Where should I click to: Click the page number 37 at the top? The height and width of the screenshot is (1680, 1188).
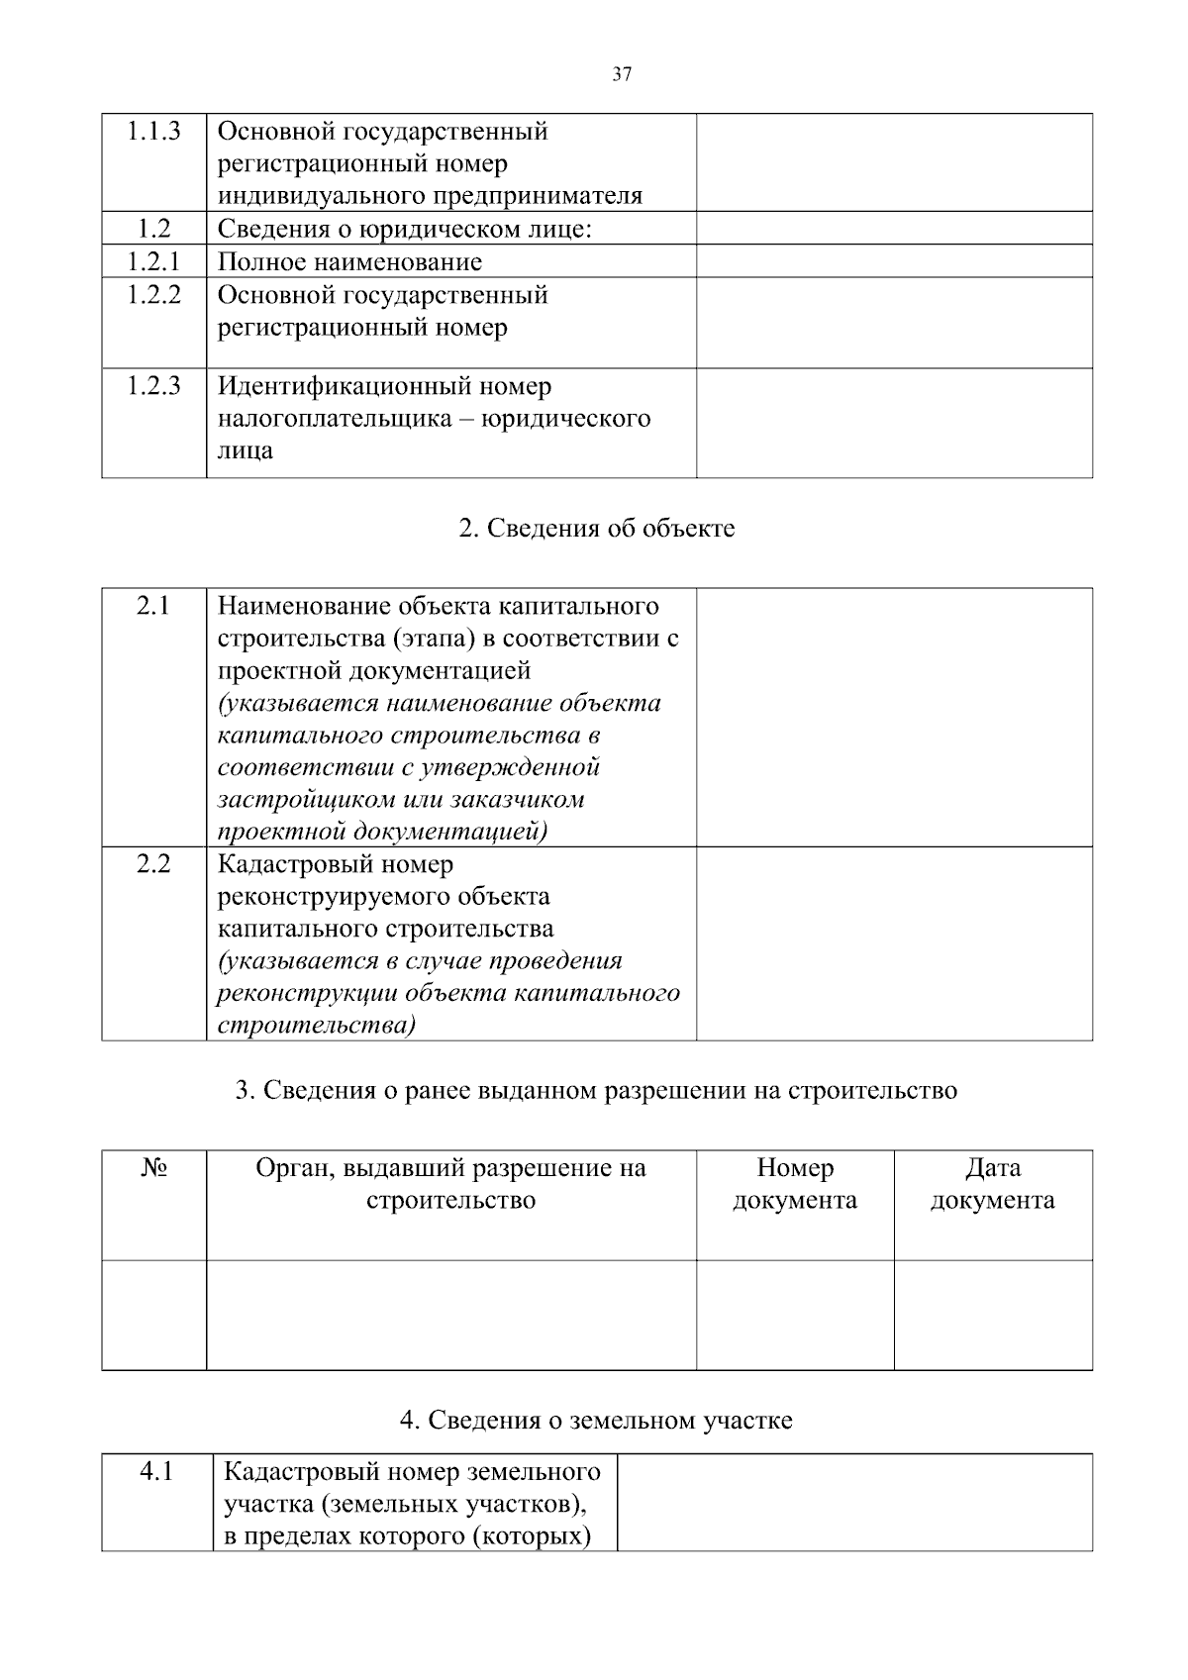click(x=622, y=74)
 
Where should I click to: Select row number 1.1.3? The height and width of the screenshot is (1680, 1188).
click(x=153, y=132)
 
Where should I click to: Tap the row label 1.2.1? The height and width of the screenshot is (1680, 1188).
click(x=153, y=261)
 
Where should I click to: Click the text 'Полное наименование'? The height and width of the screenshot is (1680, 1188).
click(x=349, y=262)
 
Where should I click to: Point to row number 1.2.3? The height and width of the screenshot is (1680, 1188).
click(x=153, y=386)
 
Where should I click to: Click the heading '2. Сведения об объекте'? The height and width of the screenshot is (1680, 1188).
click(x=597, y=529)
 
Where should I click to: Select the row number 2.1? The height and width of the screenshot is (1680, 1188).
click(x=153, y=606)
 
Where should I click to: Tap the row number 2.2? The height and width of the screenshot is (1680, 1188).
click(x=153, y=864)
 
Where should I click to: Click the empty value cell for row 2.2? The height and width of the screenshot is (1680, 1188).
click(x=894, y=943)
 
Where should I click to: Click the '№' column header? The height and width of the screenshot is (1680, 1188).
click(x=153, y=1168)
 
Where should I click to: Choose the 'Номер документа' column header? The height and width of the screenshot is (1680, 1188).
click(x=795, y=1184)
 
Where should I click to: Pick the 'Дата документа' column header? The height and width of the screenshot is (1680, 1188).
click(x=993, y=1184)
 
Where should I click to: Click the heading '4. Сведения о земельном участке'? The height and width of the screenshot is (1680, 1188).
click(x=596, y=1421)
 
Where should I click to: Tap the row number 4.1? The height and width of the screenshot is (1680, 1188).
click(x=156, y=1472)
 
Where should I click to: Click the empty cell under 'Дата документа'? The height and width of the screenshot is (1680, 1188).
click(x=993, y=1315)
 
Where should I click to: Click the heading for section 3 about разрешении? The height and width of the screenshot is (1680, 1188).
click(x=596, y=1091)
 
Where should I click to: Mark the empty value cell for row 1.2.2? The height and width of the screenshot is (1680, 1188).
click(x=894, y=323)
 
